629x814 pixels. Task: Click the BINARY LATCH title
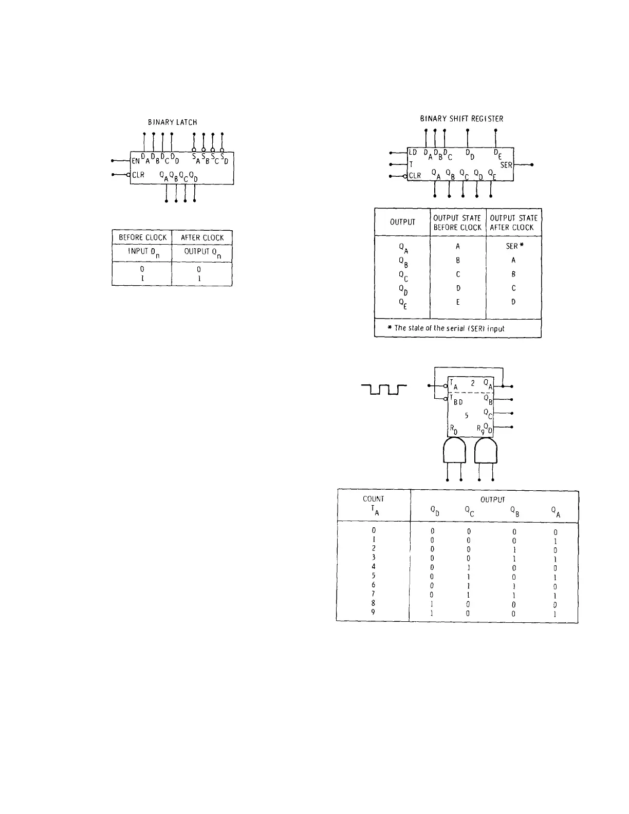click(x=172, y=122)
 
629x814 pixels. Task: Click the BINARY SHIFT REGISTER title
click(x=461, y=119)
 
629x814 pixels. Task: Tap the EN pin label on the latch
click(x=136, y=160)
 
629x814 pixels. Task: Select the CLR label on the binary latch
click(x=138, y=175)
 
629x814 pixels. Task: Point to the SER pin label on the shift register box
click(x=506, y=165)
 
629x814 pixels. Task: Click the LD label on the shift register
click(x=413, y=153)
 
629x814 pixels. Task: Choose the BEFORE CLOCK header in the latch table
click(x=142, y=237)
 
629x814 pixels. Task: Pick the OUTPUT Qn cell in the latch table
click(x=202, y=252)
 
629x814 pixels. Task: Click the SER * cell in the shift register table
click(x=514, y=246)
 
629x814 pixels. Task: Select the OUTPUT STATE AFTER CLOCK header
click(x=513, y=223)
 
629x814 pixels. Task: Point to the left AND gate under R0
click(x=454, y=451)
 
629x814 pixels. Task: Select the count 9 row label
click(x=374, y=612)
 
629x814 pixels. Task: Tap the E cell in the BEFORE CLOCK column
click(x=458, y=302)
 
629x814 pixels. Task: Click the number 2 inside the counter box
click(x=472, y=383)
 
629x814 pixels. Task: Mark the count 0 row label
click(x=374, y=530)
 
